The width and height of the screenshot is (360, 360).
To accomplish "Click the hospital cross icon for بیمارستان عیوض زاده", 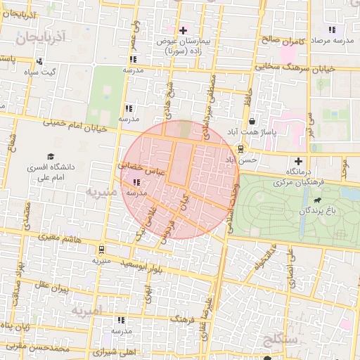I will tap(184, 30).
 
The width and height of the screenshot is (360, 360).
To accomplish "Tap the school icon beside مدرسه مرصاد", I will tap(332, 30).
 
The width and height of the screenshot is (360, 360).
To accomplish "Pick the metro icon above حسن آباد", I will tap(241, 148).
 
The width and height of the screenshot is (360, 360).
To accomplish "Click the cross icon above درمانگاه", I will tap(298, 161).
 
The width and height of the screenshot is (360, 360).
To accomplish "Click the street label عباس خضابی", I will tap(141, 169).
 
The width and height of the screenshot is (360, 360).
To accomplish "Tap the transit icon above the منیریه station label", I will tap(102, 249).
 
